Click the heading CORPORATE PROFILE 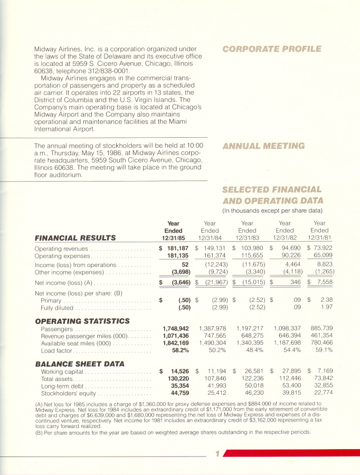click(271, 49)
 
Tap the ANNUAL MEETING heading click(263, 146)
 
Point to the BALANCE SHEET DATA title click(79, 364)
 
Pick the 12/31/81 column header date click(319, 238)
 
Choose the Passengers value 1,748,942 click(174, 329)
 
